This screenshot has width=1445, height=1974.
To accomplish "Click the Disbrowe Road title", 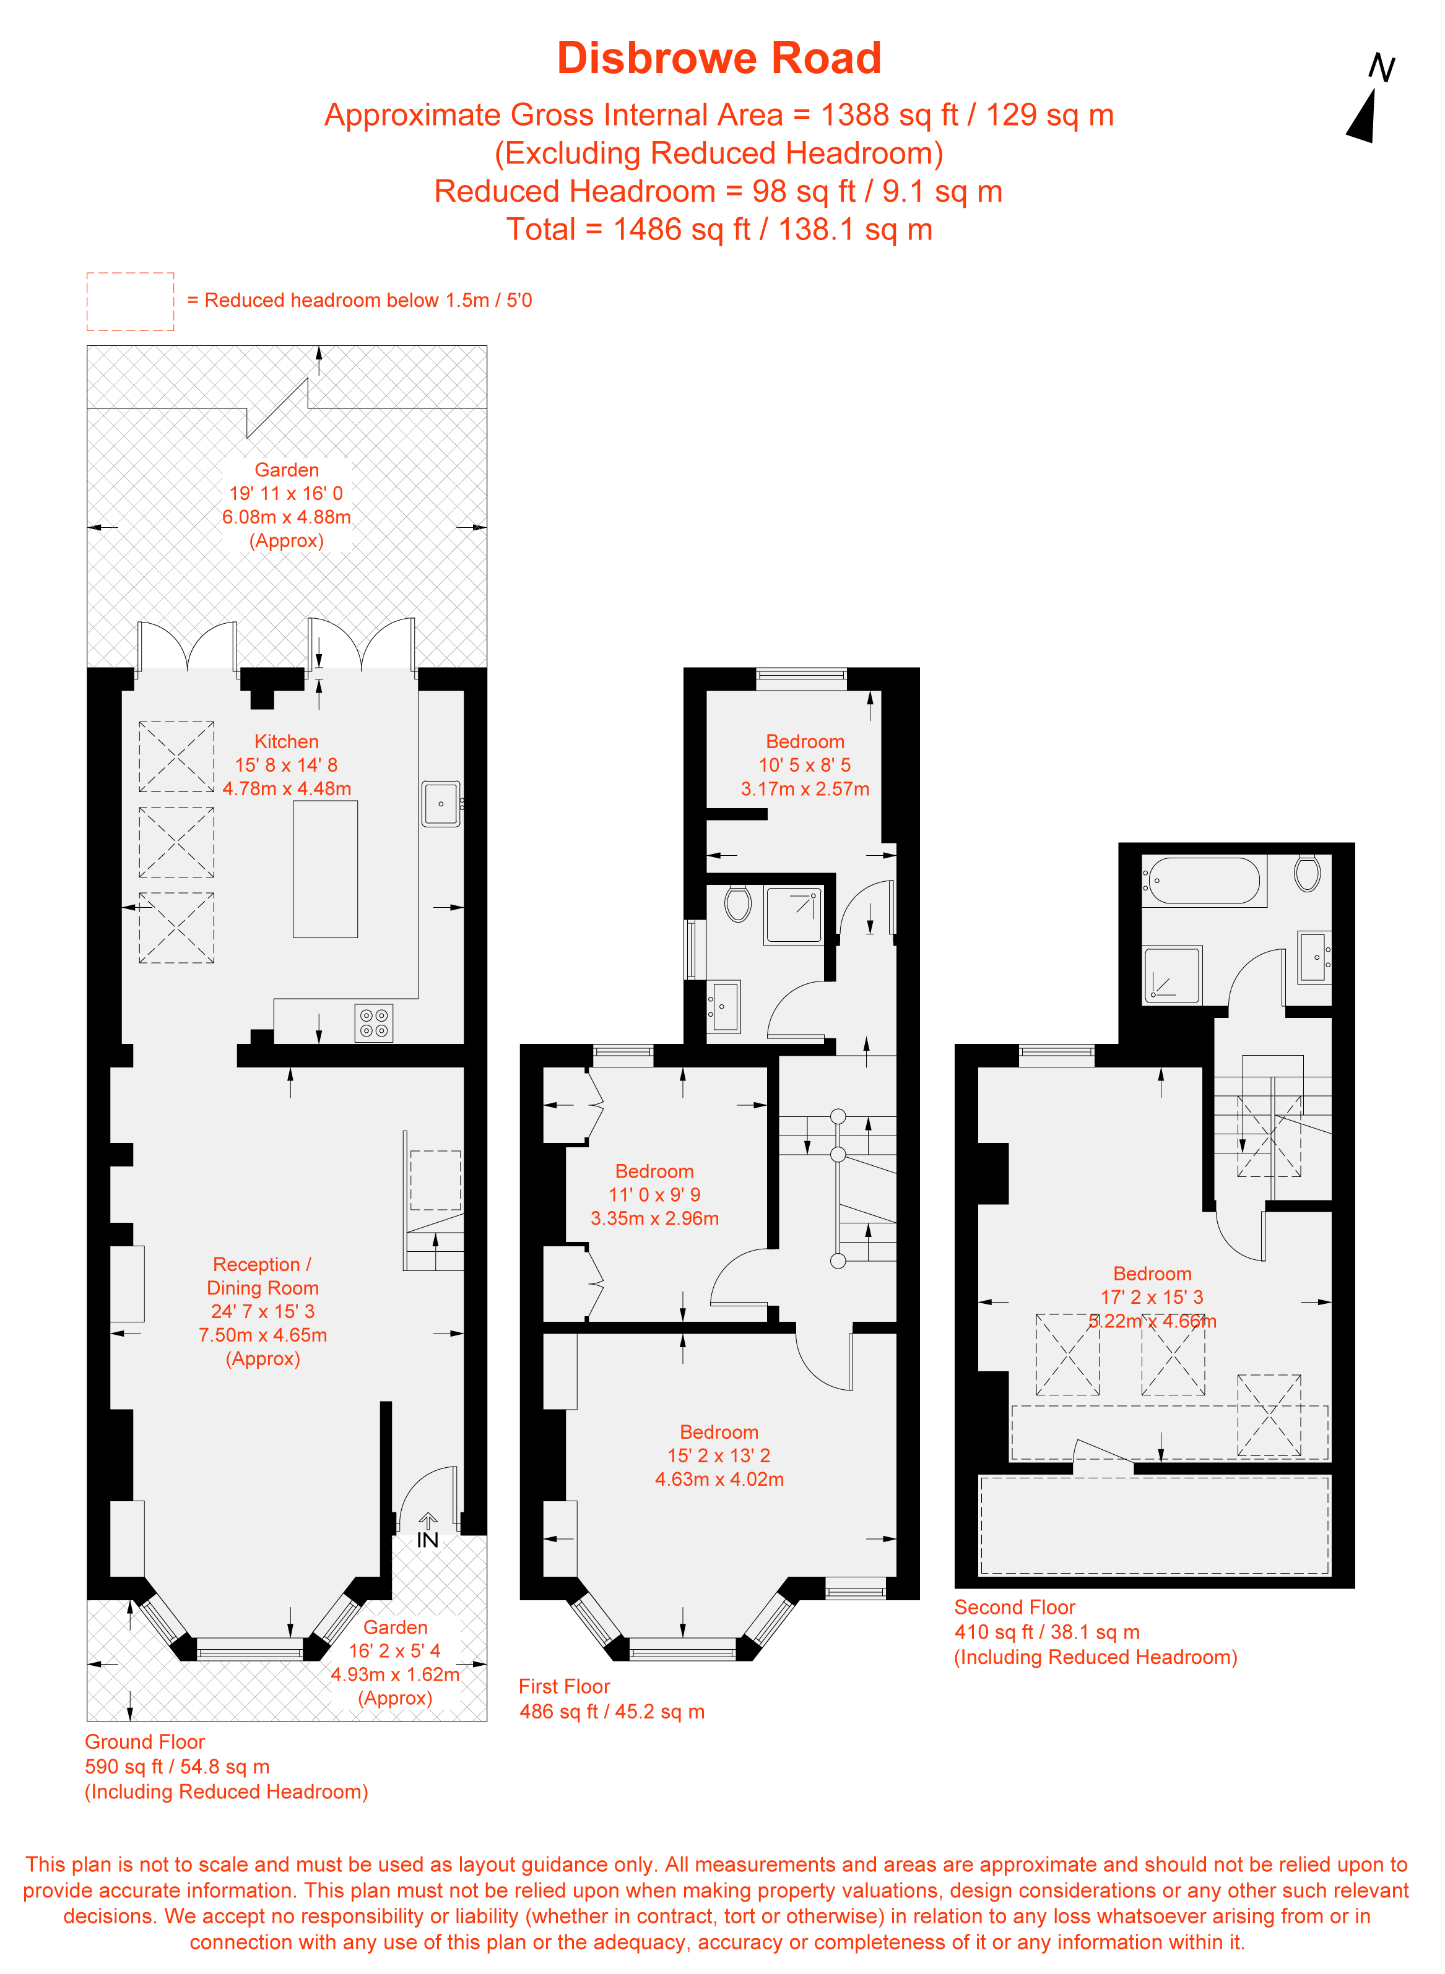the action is (719, 59).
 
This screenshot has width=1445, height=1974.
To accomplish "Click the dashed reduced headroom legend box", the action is (131, 301).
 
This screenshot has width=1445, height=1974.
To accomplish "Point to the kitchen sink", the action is (441, 803).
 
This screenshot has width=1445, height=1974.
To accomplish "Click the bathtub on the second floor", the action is (1204, 881).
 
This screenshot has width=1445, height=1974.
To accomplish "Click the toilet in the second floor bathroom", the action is (1307, 873).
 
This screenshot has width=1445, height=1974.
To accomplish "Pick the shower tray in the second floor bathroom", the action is (1173, 975).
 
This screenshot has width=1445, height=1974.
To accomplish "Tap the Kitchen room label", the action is (286, 741).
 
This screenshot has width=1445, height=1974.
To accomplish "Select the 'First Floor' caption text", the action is (564, 1686).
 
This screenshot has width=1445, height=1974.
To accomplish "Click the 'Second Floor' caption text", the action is (1015, 1607).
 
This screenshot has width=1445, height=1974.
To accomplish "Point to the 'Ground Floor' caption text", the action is (144, 1741).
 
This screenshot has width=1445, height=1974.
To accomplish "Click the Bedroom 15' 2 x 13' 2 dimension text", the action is (719, 1455).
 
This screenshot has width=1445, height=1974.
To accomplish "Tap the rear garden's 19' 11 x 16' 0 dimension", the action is (286, 493).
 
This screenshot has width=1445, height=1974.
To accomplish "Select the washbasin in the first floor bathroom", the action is (724, 1007).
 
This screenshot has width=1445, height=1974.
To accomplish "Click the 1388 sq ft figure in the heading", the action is (890, 114).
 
